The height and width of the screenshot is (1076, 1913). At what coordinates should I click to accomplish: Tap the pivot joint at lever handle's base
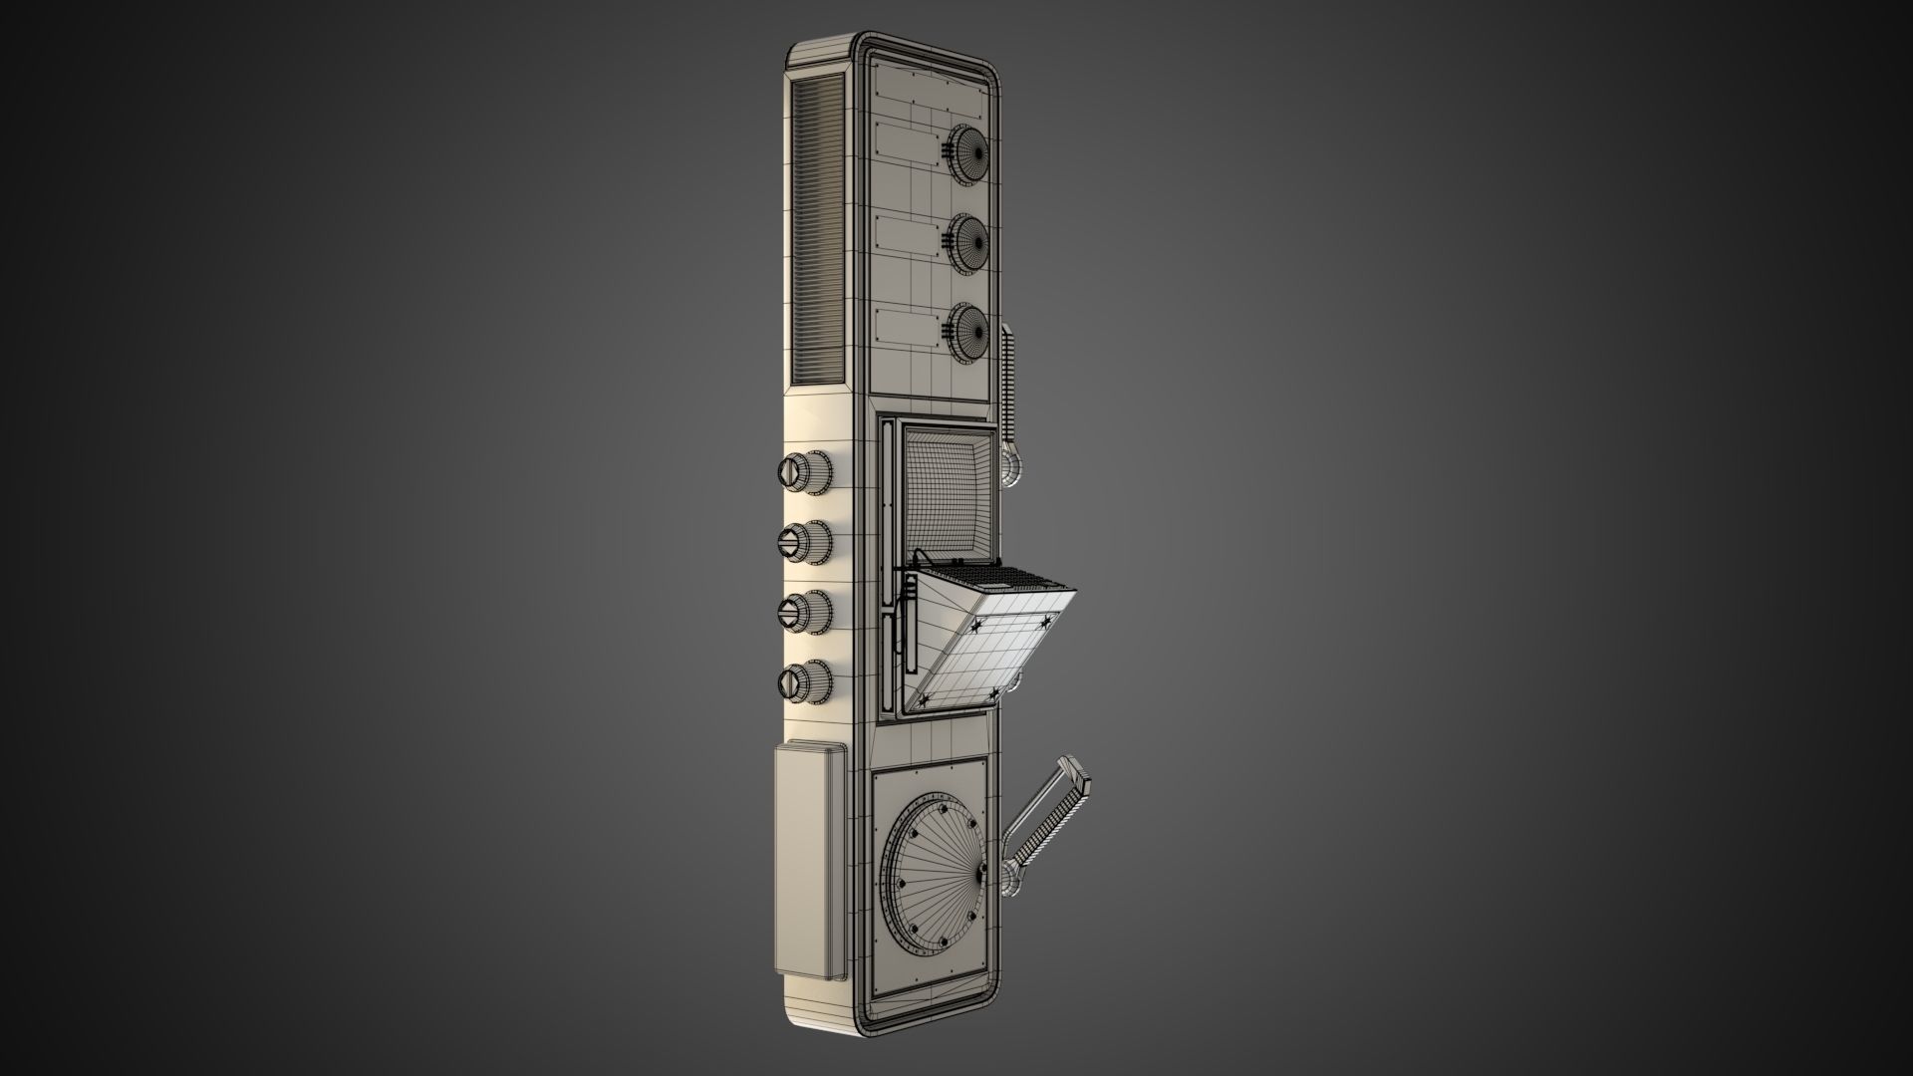(1015, 878)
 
